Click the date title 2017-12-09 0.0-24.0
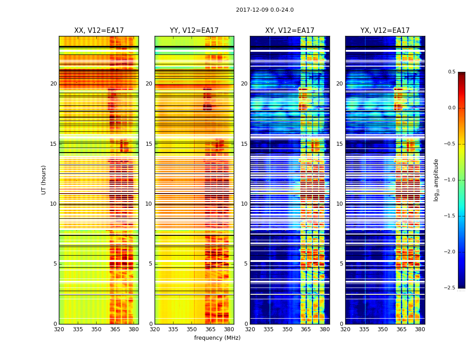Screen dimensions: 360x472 click(x=265, y=10)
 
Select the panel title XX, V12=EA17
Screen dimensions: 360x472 click(x=99, y=31)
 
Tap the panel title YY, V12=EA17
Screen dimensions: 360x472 click(x=194, y=31)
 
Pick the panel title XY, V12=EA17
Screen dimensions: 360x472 click(x=289, y=31)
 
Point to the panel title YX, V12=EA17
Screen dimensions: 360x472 click(x=385, y=31)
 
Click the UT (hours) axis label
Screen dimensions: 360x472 click(x=44, y=180)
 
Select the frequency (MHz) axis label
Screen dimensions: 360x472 click(x=217, y=338)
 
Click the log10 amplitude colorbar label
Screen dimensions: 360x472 click(x=436, y=180)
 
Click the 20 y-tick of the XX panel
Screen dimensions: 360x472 click(x=53, y=84)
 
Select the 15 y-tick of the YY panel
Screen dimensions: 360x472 click(x=149, y=144)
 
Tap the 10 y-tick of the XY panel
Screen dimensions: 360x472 click(x=244, y=204)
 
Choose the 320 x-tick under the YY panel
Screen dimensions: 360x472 click(x=155, y=329)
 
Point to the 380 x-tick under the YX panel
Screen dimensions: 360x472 click(x=420, y=329)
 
